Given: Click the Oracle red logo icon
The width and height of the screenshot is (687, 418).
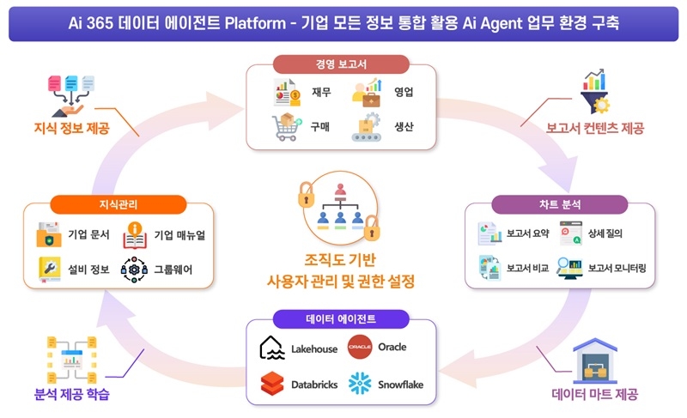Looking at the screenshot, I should pyautogui.click(x=360, y=348).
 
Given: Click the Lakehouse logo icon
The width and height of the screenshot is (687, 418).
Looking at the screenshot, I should pyautogui.click(x=273, y=348).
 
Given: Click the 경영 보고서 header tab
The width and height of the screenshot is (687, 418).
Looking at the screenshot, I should pyautogui.click(x=341, y=64).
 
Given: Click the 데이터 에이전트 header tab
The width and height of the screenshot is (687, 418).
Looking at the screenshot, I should pyautogui.click(x=341, y=318).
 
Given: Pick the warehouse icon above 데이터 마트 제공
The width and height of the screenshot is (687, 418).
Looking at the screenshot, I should pyautogui.click(x=594, y=359).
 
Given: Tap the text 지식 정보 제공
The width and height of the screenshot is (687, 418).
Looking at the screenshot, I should pyautogui.click(x=72, y=130).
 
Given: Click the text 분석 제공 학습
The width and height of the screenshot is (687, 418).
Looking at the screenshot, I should pyautogui.click(x=72, y=396).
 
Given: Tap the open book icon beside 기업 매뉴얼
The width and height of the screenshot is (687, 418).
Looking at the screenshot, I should pyautogui.click(x=135, y=234).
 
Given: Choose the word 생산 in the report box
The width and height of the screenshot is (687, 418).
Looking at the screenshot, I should pyautogui.click(x=404, y=127).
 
